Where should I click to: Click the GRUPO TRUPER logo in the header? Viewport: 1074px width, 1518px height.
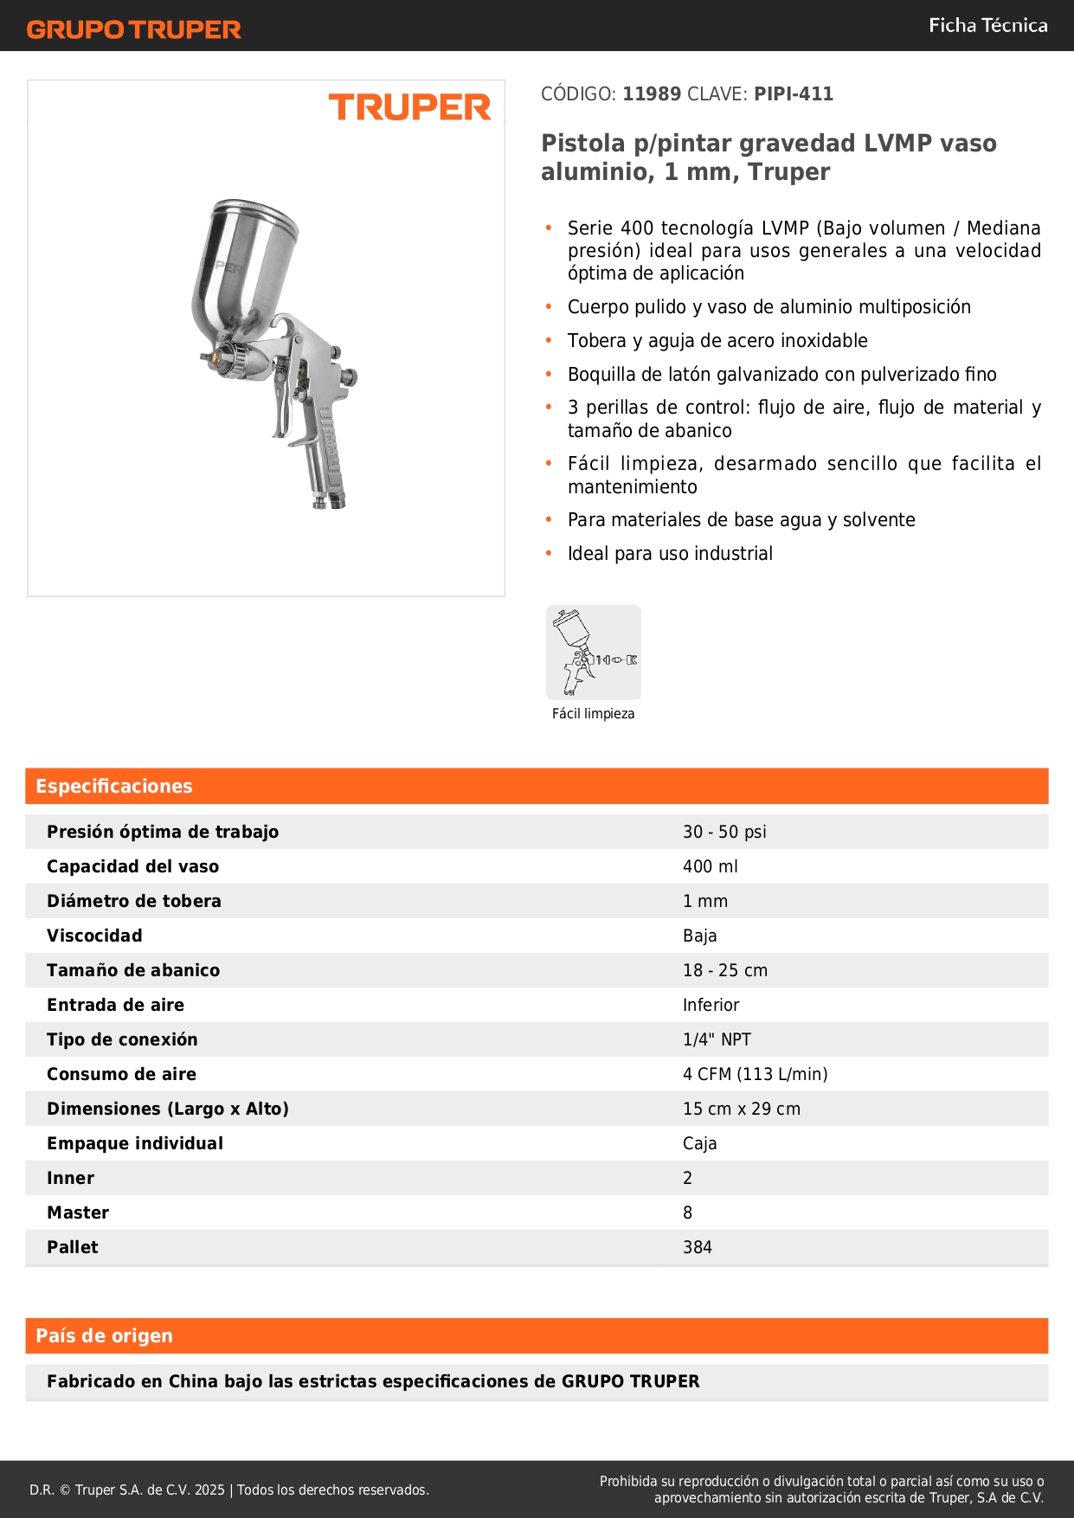pyautogui.click(x=133, y=29)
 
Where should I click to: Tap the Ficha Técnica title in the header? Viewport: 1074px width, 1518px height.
pyautogui.click(x=987, y=25)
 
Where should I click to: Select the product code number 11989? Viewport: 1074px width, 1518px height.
pyautogui.click(x=652, y=93)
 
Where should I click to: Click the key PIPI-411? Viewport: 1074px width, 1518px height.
pyautogui.click(x=793, y=93)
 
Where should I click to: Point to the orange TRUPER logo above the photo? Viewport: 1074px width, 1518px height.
pyautogui.click(x=409, y=107)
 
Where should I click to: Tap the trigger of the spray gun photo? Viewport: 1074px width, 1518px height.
pyautogui.click(x=282, y=398)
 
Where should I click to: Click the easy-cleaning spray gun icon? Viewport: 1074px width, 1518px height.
pyautogui.click(x=593, y=652)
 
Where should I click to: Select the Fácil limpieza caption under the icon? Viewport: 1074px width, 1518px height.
pyautogui.click(x=593, y=714)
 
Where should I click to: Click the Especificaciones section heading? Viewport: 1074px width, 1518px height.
pyautogui.click(x=113, y=786)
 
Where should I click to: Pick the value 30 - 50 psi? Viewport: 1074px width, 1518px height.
pyautogui.click(x=724, y=832)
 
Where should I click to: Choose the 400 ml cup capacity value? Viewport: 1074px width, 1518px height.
pyautogui.click(x=710, y=866)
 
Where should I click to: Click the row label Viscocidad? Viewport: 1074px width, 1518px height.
pyautogui.click(x=94, y=936)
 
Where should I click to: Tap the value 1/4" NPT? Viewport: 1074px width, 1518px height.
pyautogui.click(x=717, y=1039)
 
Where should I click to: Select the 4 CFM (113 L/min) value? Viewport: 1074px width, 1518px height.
pyautogui.click(x=755, y=1074)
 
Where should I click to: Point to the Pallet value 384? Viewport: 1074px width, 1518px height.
pyautogui.click(x=697, y=1247)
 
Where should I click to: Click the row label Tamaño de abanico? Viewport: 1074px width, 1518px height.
pyautogui.click(x=133, y=970)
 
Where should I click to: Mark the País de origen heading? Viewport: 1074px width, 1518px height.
pyautogui.click(x=104, y=1335)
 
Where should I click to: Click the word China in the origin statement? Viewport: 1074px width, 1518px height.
pyautogui.click(x=193, y=1381)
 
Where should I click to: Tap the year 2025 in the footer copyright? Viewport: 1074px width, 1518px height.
pyautogui.click(x=209, y=1489)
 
